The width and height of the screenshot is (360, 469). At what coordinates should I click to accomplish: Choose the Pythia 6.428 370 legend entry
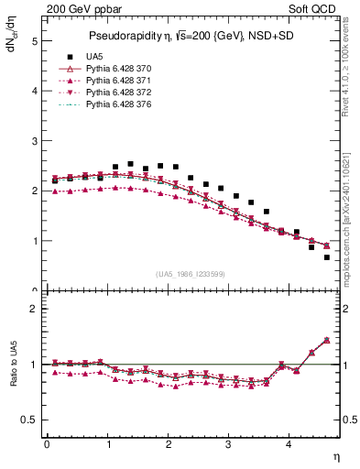(127, 69)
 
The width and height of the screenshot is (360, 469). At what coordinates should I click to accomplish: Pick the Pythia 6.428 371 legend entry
(127, 82)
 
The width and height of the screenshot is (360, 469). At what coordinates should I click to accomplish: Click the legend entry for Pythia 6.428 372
(127, 94)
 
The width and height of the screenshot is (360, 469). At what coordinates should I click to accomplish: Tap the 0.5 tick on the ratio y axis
(30, 420)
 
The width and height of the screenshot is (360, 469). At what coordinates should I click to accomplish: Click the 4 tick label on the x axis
(289, 444)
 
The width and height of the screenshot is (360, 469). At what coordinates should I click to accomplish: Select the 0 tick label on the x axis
(47, 444)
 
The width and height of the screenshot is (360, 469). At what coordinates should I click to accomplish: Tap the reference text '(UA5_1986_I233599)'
(191, 274)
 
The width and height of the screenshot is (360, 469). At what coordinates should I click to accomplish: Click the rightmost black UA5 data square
(327, 257)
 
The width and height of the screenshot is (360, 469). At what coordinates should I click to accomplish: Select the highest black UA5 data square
(130, 164)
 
